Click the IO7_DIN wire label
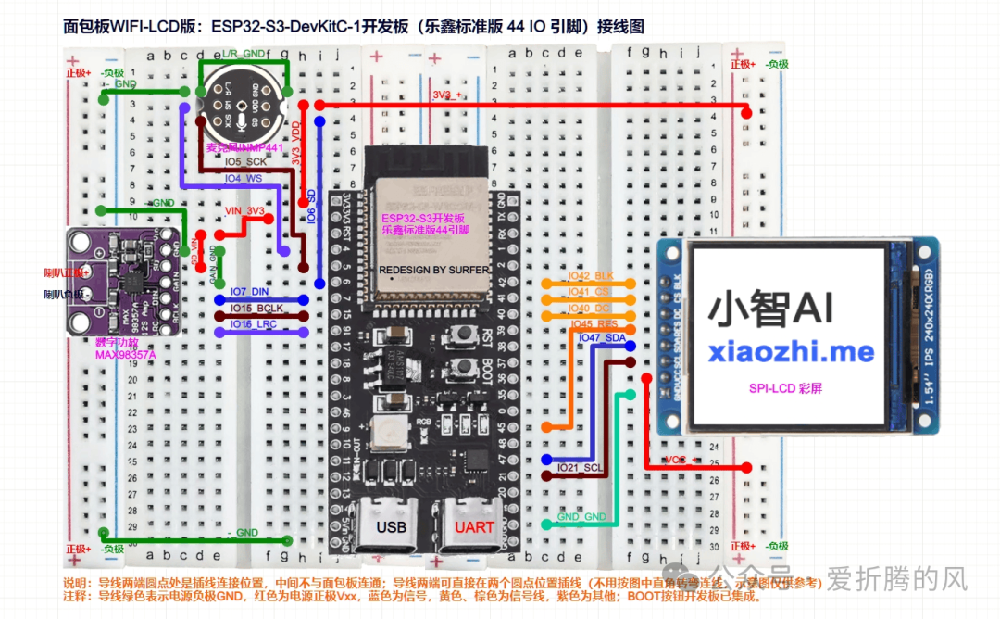[249, 291]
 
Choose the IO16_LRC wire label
[253, 323]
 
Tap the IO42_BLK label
[592, 276]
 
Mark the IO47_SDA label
[602, 339]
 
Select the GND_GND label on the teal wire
[581, 516]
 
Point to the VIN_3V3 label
[244, 211]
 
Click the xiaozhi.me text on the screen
[791, 351]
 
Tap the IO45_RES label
[594, 323]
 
